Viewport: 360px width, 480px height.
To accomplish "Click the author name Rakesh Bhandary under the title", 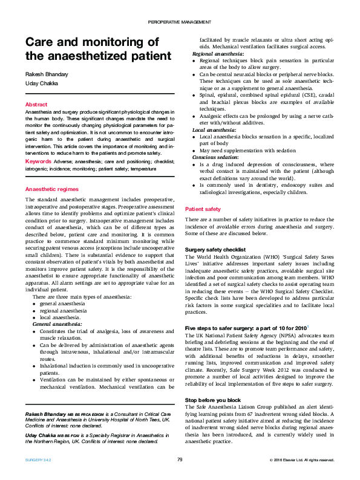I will tap(46, 74).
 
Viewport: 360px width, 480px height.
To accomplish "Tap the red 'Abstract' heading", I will tap(36, 105).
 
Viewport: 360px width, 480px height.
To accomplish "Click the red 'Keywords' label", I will tap(38, 161).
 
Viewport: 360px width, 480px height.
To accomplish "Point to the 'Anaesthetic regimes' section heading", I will tap(51, 189).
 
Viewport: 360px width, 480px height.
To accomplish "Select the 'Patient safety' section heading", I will tap(203, 209).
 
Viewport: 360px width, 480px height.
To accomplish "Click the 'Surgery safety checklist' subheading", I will tap(215, 250).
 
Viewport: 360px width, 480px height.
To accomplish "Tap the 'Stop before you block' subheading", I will tap(212, 400).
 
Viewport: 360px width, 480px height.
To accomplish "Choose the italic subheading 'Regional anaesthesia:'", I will tap(218, 54).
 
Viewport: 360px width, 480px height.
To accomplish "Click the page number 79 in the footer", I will tap(180, 460).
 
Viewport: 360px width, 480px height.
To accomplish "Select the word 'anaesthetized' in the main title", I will tap(112, 56).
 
